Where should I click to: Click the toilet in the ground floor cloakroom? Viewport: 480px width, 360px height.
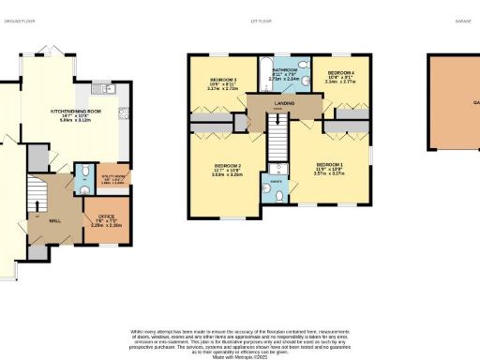click(83, 172)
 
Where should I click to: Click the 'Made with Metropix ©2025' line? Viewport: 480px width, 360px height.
click(240, 355)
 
